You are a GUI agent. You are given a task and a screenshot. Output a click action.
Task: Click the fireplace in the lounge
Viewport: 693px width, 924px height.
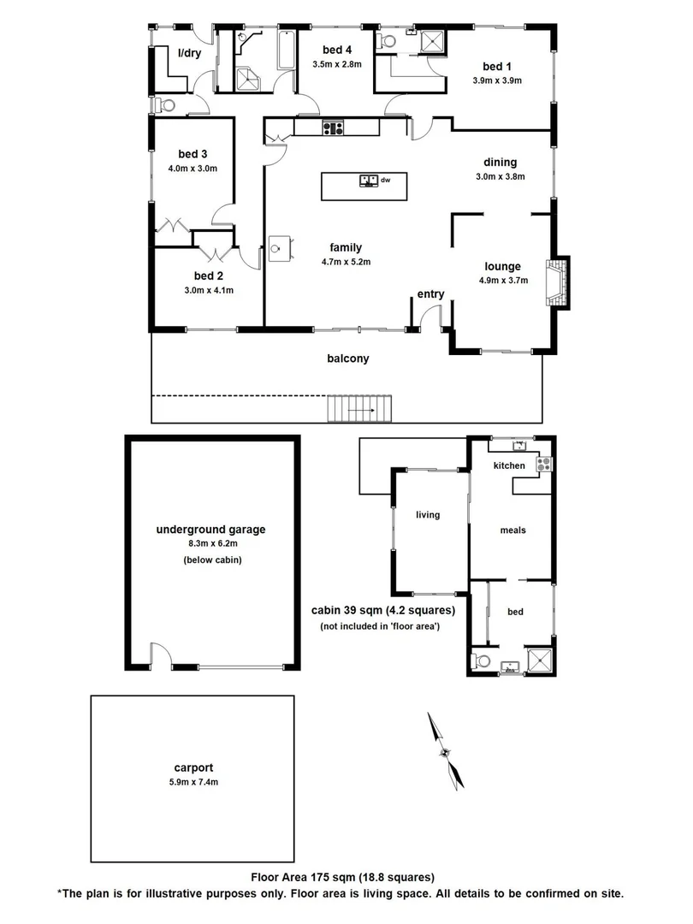click(559, 281)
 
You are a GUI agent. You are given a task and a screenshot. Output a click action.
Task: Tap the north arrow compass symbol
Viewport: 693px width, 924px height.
click(447, 750)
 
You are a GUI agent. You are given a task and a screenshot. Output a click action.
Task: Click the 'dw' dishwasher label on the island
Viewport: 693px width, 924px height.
click(385, 181)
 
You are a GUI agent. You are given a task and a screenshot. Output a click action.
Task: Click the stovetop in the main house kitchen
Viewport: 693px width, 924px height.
click(332, 128)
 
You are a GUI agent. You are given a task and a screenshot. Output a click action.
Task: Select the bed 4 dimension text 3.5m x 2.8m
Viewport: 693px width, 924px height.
click(338, 64)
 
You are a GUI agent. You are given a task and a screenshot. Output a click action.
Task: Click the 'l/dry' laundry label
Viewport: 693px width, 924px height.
click(189, 54)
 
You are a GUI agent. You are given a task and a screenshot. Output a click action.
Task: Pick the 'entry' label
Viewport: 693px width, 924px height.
click(430, 294)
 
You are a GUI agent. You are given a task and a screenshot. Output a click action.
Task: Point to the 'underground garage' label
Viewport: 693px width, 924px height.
click(210, 530)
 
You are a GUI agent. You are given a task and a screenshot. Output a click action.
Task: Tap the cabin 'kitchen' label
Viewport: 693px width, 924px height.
click(509, 465)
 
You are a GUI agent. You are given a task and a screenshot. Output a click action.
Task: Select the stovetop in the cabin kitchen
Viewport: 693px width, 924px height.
click(542, 464)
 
